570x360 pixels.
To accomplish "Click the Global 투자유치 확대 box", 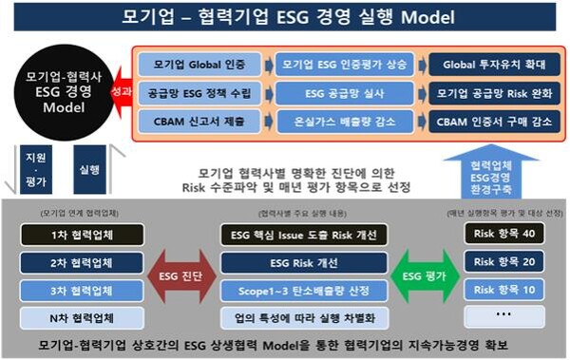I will [489, 66].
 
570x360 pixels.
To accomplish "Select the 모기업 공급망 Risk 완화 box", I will [489, 94].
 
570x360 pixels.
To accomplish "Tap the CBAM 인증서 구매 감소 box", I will [489, 123].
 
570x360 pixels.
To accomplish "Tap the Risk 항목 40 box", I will [504, 235].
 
